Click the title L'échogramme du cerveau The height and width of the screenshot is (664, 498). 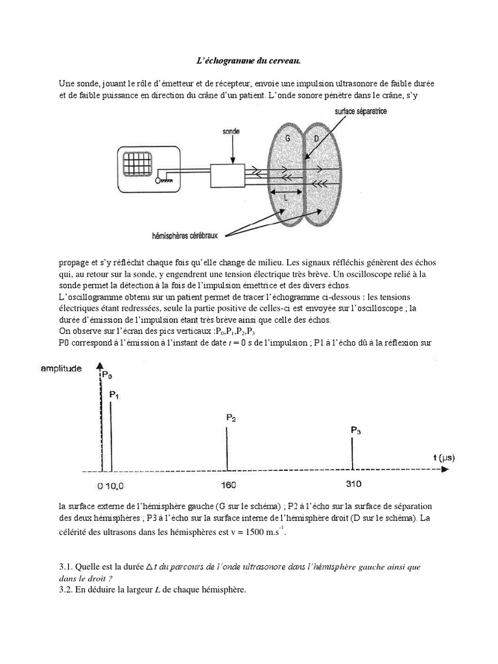point(248,61)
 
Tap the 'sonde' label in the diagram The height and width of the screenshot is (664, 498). point(230,132)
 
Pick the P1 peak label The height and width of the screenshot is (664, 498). point(114,394)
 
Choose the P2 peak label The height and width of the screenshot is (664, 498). point(231,418)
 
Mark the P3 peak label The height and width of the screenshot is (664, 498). point(355,429)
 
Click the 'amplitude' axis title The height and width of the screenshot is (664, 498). point(62,368)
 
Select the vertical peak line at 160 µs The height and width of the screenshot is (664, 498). point(227,447)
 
